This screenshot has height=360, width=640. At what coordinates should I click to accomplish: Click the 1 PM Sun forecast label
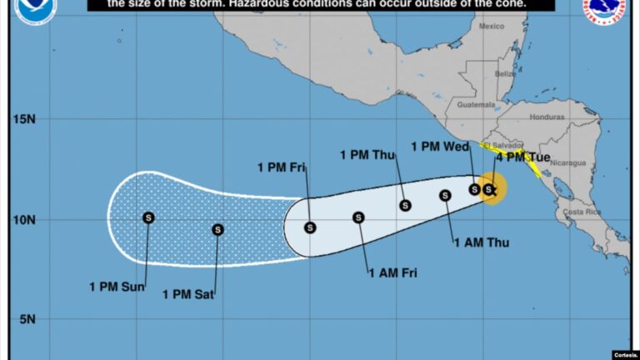pos(117,287)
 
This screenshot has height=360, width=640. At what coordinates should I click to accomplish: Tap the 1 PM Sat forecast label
pos(188,293)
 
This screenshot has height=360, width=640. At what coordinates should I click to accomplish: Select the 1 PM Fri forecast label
pos(283,167)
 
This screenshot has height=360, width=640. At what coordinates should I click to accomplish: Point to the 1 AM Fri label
pos(392,272)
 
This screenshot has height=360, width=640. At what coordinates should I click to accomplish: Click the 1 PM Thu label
pos(367,154)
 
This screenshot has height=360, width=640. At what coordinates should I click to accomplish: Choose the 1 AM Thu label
pos(481,242)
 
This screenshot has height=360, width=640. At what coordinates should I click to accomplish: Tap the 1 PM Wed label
pos(441,147)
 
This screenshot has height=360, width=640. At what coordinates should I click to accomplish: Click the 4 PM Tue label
pos(523,157)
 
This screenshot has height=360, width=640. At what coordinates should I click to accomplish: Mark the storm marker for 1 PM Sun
pos(148,217)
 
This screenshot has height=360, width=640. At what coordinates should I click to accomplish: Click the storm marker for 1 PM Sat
pos(217,229)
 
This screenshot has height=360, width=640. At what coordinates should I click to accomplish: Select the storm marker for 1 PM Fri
pos(310,227)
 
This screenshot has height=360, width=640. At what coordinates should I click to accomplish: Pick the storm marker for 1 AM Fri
pos(358,217)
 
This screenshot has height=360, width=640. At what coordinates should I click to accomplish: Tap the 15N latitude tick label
pos(25,118)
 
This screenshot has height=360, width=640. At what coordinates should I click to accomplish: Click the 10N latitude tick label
pos(25,220)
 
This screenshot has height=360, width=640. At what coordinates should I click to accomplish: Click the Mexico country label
pos(492,26)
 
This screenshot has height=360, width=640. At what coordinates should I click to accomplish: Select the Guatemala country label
pos(476,105)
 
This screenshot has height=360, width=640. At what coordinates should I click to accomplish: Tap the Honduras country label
pos(547,117)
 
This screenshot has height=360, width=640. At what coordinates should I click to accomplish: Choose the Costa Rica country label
pos(582,212)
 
